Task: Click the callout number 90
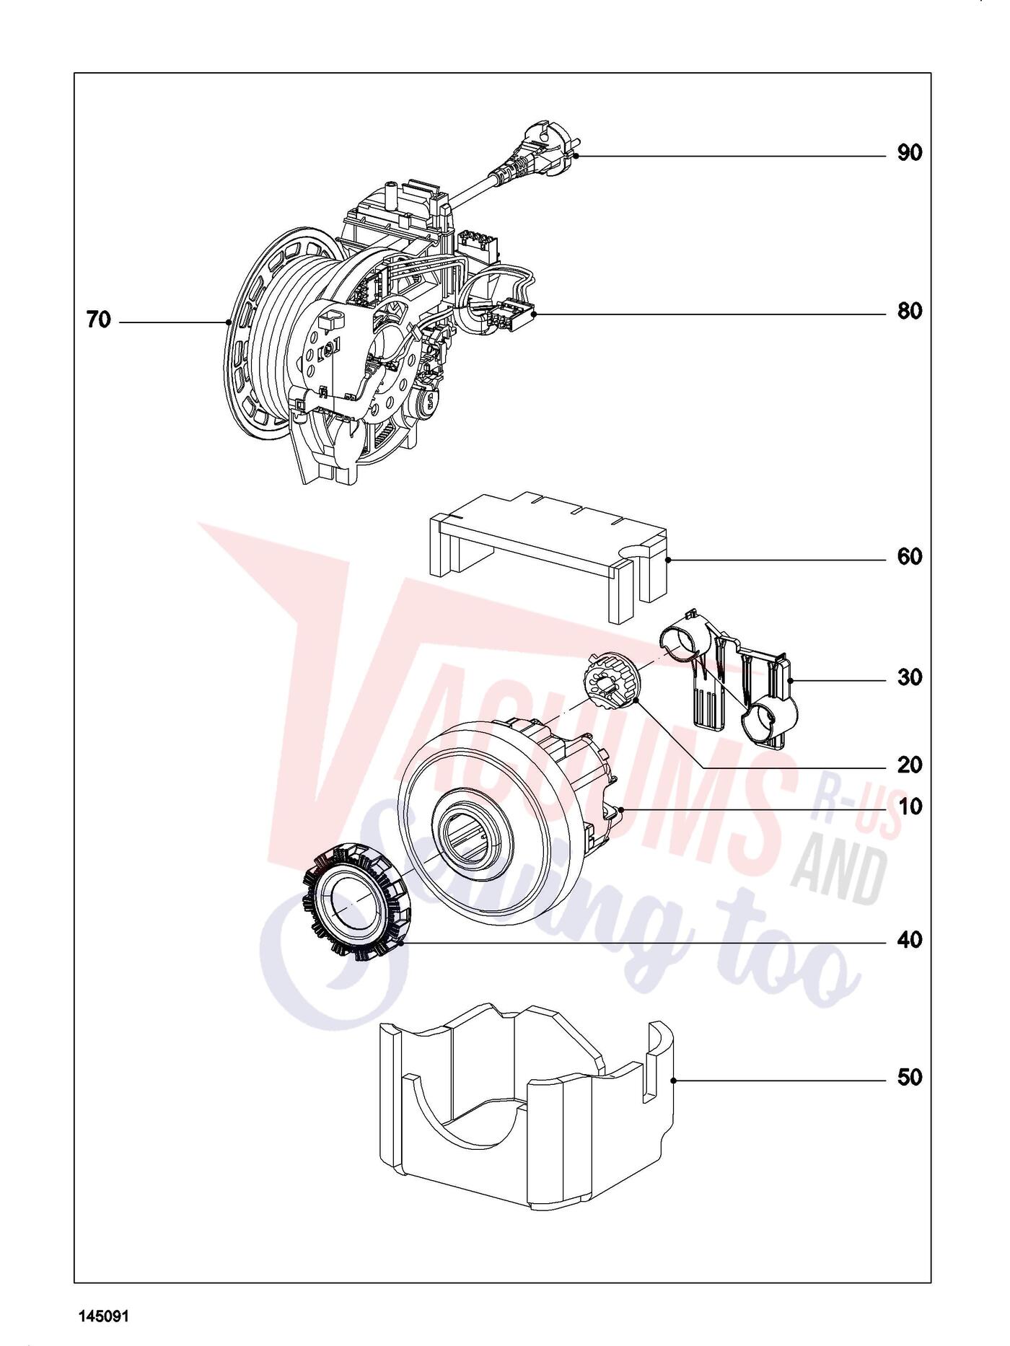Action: [910, 154]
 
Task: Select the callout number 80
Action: [910, 312]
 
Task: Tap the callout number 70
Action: [99, 320]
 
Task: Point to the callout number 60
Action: [910, 557]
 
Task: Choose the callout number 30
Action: [910, 678]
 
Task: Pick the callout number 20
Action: [910, 765]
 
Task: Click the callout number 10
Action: [910, 806]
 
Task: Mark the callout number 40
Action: [910, 940]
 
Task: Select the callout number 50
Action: [910, 1078]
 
